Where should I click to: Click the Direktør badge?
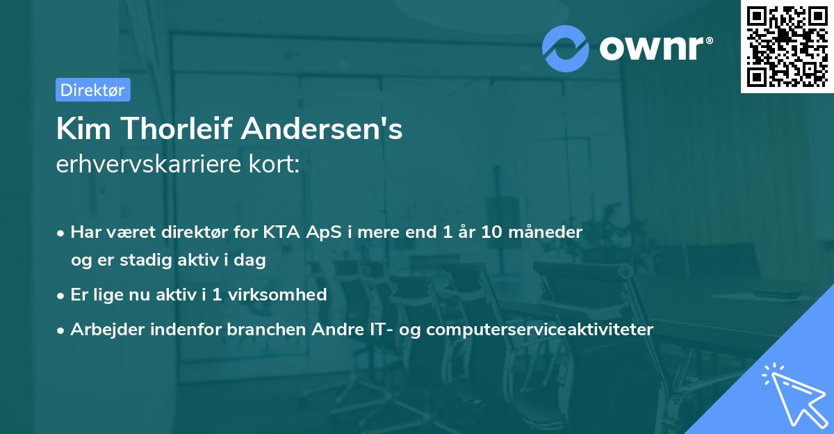92,90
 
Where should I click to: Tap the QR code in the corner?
787,46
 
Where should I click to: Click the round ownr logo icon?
565,49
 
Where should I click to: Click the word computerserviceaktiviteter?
540,329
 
